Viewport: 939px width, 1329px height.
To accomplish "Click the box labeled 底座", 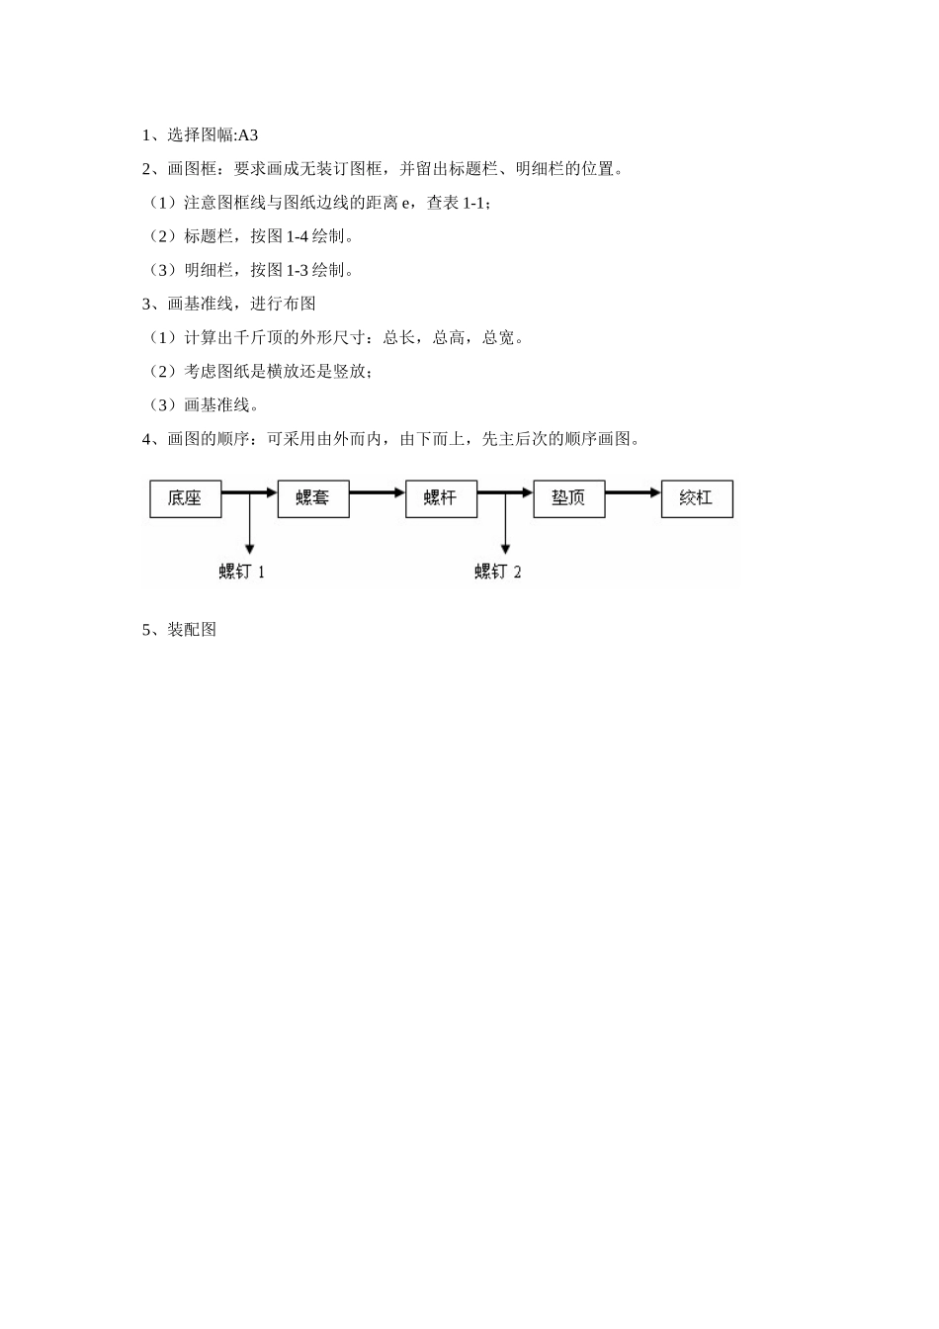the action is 185,498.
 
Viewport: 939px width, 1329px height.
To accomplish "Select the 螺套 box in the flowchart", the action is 312,498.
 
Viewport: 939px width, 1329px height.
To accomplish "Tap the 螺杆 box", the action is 441,498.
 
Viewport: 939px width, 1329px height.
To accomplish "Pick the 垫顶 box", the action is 568,498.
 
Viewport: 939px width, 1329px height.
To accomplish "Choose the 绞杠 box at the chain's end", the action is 697,498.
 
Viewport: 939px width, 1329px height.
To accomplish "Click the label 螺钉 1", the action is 242,572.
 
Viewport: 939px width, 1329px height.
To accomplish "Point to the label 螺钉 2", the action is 498,572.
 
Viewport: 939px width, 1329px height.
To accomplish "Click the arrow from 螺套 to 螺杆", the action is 377,491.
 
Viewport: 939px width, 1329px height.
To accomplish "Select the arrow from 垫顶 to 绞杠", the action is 633,491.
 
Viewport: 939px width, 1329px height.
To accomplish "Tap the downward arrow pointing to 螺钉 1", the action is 249,524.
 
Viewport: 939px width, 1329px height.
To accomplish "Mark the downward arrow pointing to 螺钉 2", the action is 505,524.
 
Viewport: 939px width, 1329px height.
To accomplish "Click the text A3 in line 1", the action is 248,135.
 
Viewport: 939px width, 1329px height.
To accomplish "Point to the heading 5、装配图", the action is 179,630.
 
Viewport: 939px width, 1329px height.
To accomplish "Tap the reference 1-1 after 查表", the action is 474,203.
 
